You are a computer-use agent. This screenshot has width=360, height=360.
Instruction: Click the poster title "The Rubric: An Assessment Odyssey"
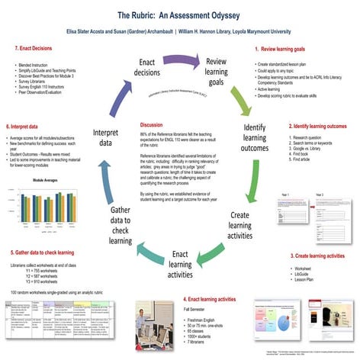coord(180,14)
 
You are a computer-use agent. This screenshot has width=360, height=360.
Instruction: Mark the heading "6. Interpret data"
coord(27,126)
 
